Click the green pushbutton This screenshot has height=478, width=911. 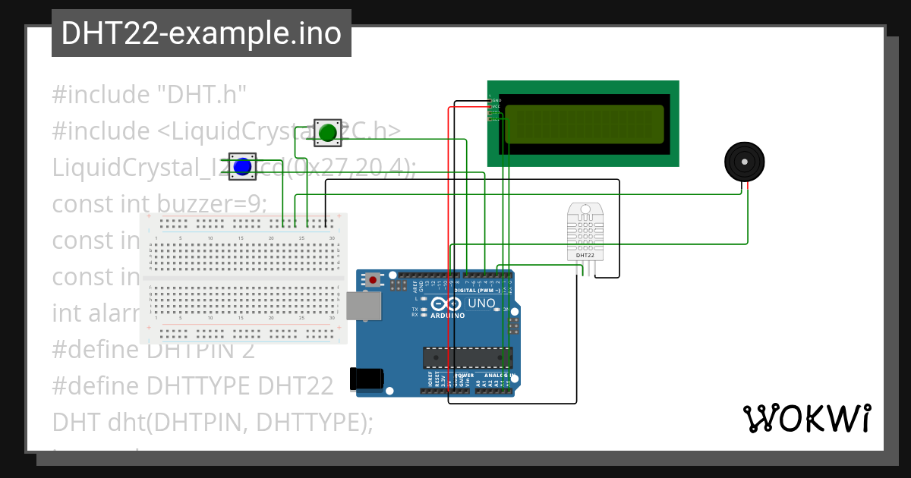click(328, 133)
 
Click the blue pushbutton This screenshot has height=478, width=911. click(242, 166)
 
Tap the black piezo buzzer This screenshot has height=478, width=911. click(744, 161)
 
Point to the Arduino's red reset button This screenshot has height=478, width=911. click(373, 280)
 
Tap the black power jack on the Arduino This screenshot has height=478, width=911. click(364, 379)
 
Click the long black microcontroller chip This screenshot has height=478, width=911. click(467, 357)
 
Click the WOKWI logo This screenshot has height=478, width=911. click(806, 418)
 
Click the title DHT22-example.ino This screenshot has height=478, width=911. click(201, 33)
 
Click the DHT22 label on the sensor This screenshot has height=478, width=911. click(585, 256)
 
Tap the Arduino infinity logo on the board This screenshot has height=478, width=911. click(446, 304)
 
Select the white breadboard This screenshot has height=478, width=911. click(243, 278)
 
